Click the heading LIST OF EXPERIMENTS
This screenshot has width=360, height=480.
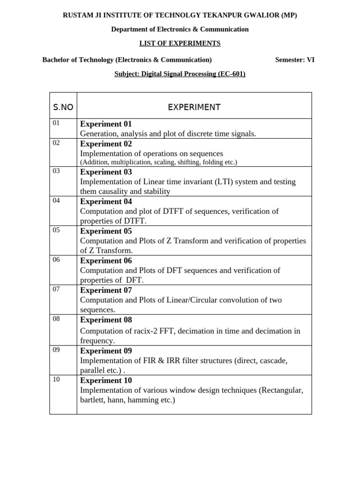[x=180, y=43]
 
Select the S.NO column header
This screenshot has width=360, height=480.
[x=63, y=107]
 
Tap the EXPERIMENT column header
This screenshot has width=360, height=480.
[x=194, y=107]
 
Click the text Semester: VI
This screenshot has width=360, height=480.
[x=295, y=60]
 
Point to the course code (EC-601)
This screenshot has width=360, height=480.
[x=231, y=74]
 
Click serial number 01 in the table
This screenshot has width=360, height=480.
[x=56, y=123]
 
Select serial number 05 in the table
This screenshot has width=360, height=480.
[x=56, y=230]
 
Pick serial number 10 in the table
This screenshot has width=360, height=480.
[x=56, y=379]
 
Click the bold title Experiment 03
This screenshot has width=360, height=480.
[x=106, y=172]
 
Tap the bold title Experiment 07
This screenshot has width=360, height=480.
[x=106, y=290]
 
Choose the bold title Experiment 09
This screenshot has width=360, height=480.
[x=106, y=351]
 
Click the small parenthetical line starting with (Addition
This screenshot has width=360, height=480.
[x=158, y=162]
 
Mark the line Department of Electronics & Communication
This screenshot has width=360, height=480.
[x=180, y=29]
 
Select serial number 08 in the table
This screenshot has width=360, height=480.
[x=56, y=319]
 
